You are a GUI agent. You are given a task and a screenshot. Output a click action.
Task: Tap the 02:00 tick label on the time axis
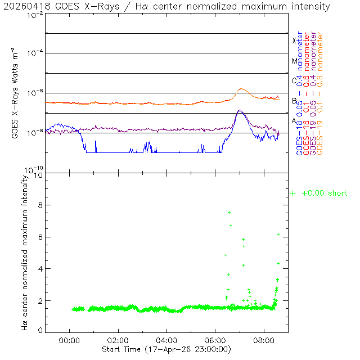(118, 340)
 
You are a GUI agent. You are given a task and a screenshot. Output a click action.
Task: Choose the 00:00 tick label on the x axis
(69, 340)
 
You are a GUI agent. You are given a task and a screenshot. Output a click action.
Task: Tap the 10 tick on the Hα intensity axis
(38, 175)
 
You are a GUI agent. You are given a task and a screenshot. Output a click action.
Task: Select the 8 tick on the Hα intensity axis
(40, 206)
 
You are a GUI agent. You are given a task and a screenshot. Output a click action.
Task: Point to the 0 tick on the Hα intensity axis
(40, 331)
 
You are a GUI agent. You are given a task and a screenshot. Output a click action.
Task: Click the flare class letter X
(294, 40)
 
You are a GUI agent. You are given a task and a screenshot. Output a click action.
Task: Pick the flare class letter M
(294, 61)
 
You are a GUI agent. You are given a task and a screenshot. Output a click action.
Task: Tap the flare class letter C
(294, 80)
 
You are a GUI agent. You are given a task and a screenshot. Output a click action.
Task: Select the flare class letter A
(294, 120)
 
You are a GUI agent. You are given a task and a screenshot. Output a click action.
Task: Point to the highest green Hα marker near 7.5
(229, 212)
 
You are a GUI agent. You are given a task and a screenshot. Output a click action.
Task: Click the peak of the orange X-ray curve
(242, 89)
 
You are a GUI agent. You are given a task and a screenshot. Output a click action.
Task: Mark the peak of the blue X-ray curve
(240, 110)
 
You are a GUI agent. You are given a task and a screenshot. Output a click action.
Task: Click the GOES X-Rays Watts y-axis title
(17, 93)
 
